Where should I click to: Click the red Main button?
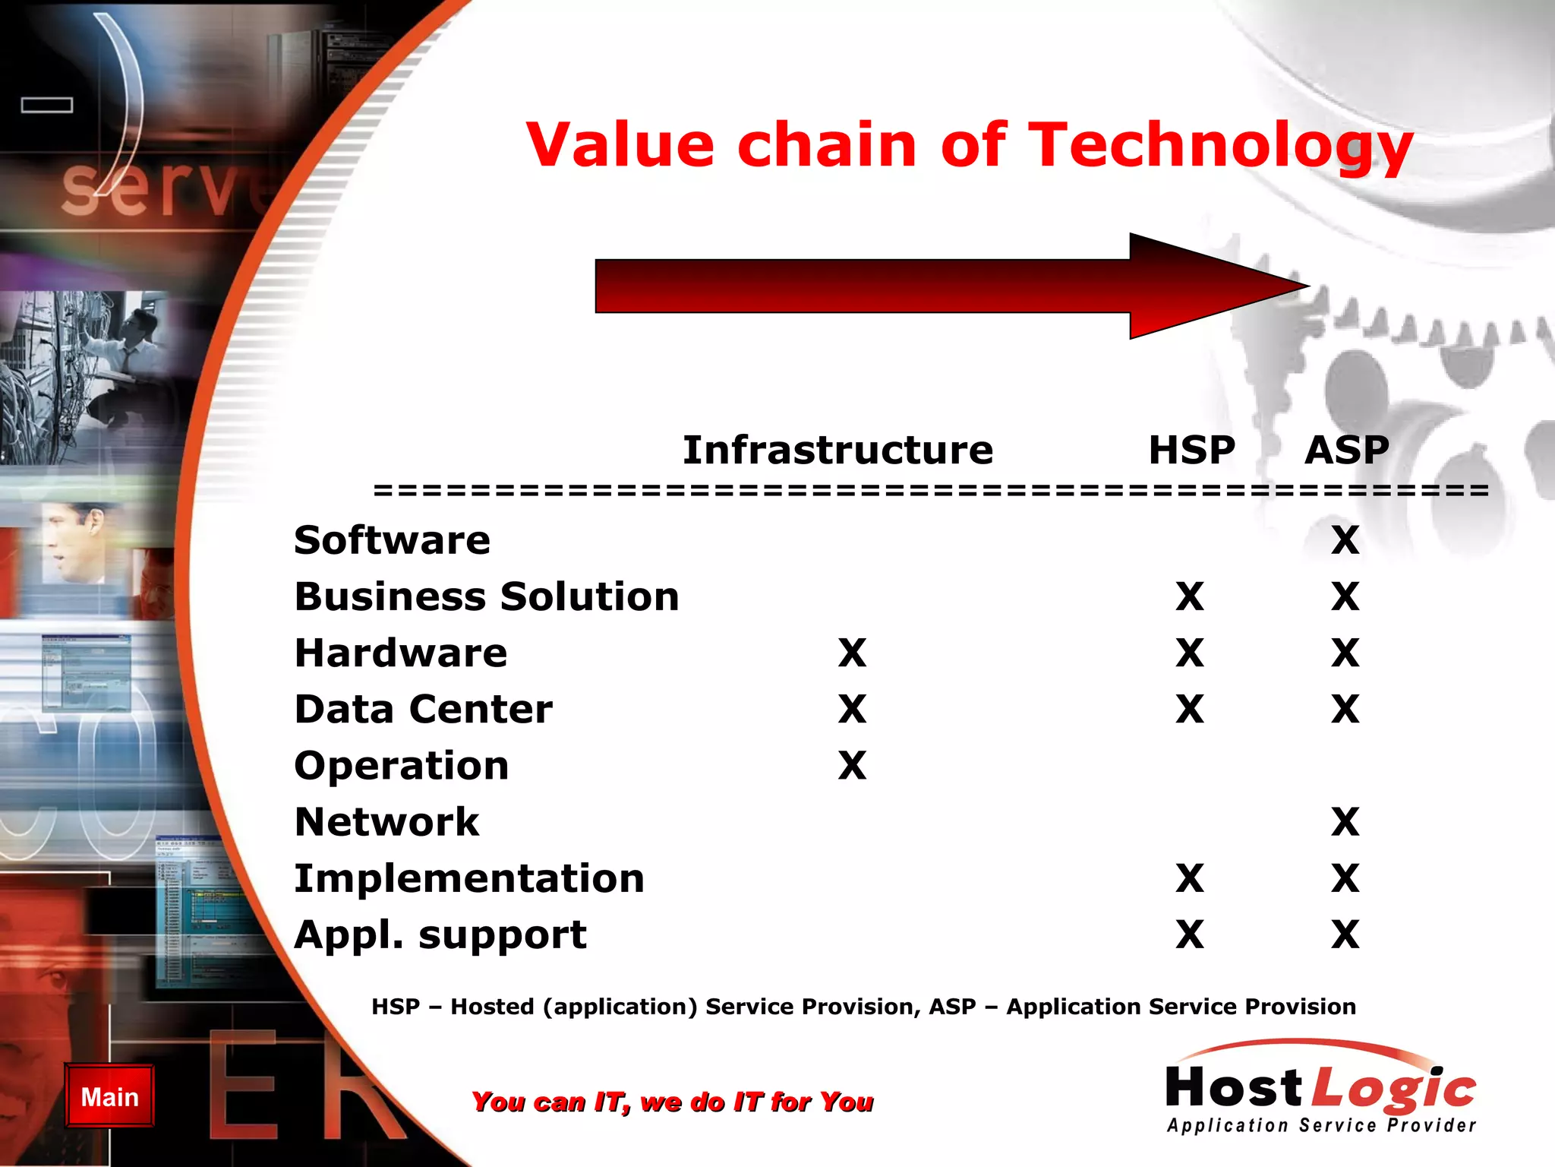pyautogui.click(x=109, y=1096)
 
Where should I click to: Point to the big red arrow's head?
pyautogui.click(x=1215, y=286)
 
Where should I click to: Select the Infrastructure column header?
pyautogui.click(x=837, y=450)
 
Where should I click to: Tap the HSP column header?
pyautogui.click(x=1191, y=450)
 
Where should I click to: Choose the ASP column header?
pyautogui.click(x=1346, y=450)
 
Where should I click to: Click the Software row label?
pyautogui.click(x=392, y=540)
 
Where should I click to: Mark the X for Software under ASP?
pyautogui.click(x=1345, y=540)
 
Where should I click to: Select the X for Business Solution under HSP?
pyautogui.click(x=1189, y=596)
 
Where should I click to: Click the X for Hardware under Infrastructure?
pyautogui.click(x=852, y=653)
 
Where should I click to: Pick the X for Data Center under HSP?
pyautogui.click(x=1189, y=709)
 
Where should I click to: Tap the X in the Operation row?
pyautogui.click(x=852, y=765)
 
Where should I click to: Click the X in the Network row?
pyautogui.click(x=1345, y=821)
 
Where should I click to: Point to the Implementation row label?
pyautogui.click(x=469, y=878)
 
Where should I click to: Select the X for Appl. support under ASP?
pyautogui.click(x=1345, y=935)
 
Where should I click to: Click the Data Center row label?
pyautogui.click(x=423, y=709)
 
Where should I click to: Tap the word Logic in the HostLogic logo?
pyautogui.click(x=1393, y=1089)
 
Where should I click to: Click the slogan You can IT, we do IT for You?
pyautogui.click(x=672, y=1102)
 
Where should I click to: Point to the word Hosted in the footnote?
pyautogui.click(x=492, y=1007)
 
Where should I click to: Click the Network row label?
pyautogui.click(x=386, y=821)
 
